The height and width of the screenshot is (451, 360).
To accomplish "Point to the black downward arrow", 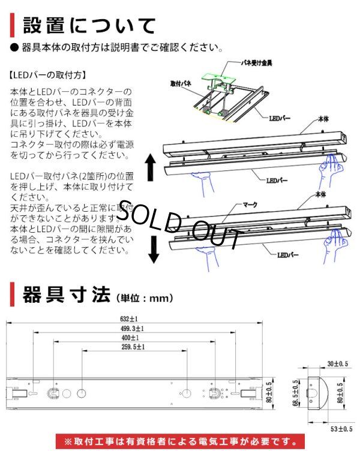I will (154, 249).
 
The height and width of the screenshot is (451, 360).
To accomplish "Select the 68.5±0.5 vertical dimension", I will (295, 392).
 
